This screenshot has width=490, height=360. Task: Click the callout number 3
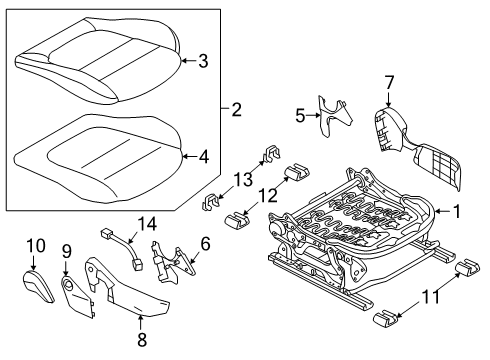click(x=203, y=61)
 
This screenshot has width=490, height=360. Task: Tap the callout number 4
click(x=203, y=156)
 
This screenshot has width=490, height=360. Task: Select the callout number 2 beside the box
click(x=236, y=109)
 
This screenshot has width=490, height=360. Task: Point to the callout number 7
click(x=389, y=82)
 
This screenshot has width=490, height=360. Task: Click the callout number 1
click(x=456, y=211)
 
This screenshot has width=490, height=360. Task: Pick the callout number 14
click(x=147, y=224)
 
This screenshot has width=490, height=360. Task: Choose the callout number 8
click(x=142, y=340)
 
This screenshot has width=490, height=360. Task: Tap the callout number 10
click(x=36, y=246)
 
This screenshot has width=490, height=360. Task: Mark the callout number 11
click(x=431, y=296)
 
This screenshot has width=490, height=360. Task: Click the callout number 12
click(x=267, y=196)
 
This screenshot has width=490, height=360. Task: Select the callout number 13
click(x=243, y=179)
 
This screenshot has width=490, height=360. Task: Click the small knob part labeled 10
click(x=38, y=286)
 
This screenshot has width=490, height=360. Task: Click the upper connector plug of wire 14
click(x=106, y=233)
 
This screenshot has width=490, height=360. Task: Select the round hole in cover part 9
click(x=69, y=284)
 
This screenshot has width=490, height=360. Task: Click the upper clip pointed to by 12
click(x=296, y=171)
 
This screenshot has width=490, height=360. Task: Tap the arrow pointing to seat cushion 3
click(x=188, y=61)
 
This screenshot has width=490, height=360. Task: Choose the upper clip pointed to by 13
click(x=272, y=153)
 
